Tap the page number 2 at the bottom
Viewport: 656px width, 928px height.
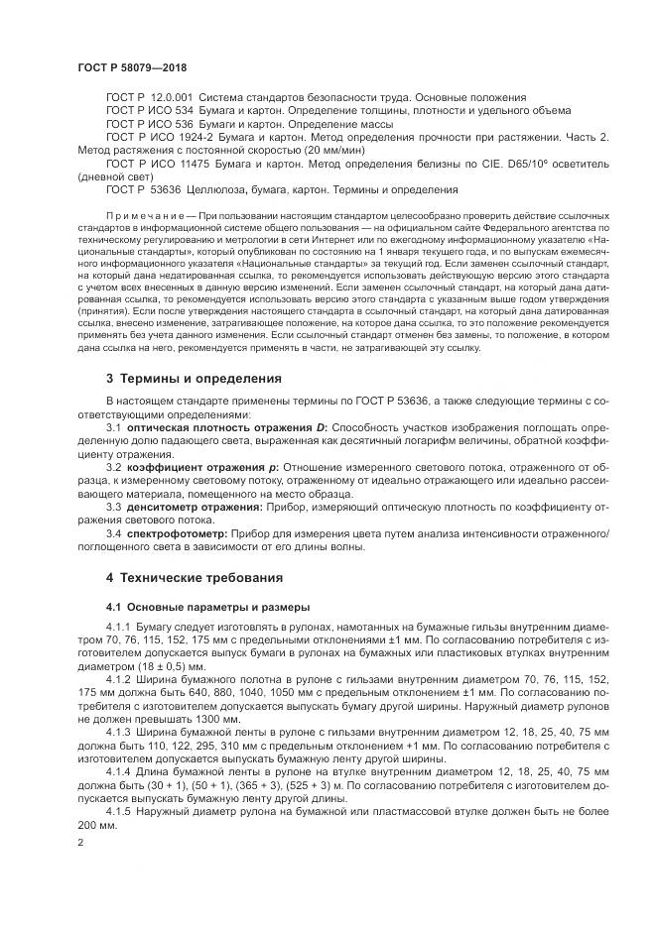[80, 841]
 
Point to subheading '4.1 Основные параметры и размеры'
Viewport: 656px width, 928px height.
[207, 606]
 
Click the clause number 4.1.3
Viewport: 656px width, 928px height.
[118, 731]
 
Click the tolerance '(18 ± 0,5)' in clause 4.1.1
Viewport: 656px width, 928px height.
[146, 665]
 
